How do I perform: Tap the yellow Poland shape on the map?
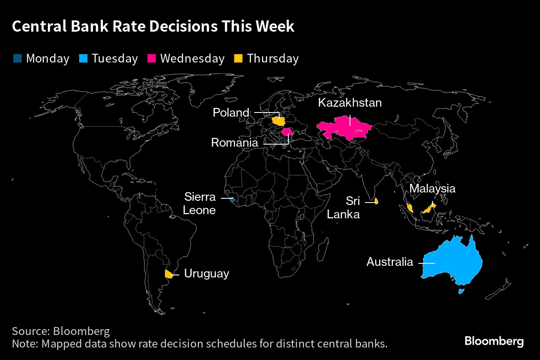(279, 122)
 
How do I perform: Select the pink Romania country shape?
(287, 132)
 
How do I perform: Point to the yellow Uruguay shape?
(169, 274)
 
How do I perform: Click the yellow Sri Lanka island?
(376, 201)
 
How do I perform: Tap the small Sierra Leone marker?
(232, 200)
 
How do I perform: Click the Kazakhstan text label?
(350, 103)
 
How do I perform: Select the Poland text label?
(231, 112)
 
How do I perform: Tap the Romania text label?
(235, 142)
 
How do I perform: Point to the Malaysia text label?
(432, 189)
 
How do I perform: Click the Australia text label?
(390, 262)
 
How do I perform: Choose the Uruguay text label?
(207, 274)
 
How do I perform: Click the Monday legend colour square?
(17, 58)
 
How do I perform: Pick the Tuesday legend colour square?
(83, 58)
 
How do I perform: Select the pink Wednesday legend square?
(152, 58)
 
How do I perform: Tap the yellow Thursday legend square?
(238, 58)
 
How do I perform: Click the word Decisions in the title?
(183, 26)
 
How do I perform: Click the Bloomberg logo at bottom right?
(494, 341)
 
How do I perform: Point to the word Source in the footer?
(31, 331)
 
